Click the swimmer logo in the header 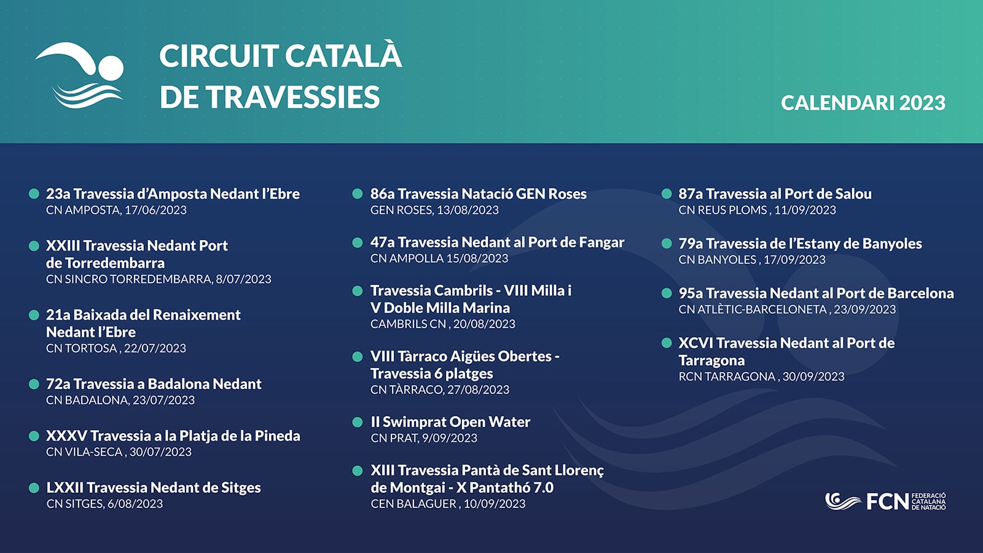(x=79, y=75)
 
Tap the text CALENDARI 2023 (x=863, y=103)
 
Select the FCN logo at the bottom (x=885, y=501)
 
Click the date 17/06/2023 (x=156, y=210)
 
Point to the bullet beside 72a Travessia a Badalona (x=34, y=384)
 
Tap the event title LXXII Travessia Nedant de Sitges (x=154, y=488)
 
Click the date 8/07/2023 (x=243, y=279)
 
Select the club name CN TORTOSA (x=82, y=348)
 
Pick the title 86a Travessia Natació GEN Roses (x=479, y=194)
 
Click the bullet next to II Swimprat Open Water (x=358, y=422)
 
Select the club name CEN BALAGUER (x=413, y=504)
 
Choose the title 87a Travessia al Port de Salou (x=775, y=194)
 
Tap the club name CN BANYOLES (x=718, y=260)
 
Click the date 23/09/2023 (x=865, y=310)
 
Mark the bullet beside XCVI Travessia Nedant (x=667, y=343)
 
